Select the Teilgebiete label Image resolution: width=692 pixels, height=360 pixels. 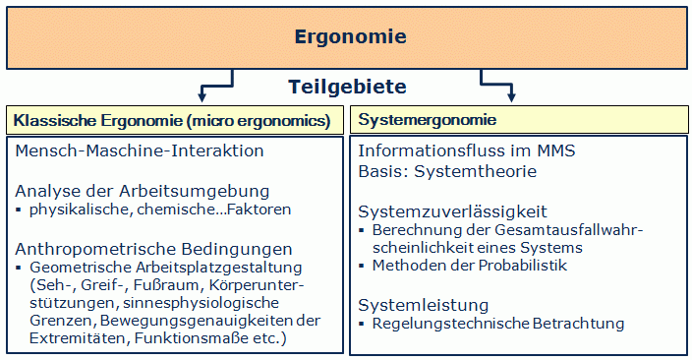[x=347, y=87]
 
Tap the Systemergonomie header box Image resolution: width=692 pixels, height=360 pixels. [x=519, y=120]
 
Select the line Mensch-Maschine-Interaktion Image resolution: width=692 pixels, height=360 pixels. [x=141, y=151]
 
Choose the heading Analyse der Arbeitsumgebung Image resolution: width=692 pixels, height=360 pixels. [x=143, y=190]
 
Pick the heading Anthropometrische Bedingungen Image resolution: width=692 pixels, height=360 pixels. [x=153, y=248]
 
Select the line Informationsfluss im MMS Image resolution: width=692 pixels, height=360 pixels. [x=467, y=151]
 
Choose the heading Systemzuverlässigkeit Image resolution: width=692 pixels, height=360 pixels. [x=452, y=211]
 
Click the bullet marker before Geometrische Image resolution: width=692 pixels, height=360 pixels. [x=20, y=268]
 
